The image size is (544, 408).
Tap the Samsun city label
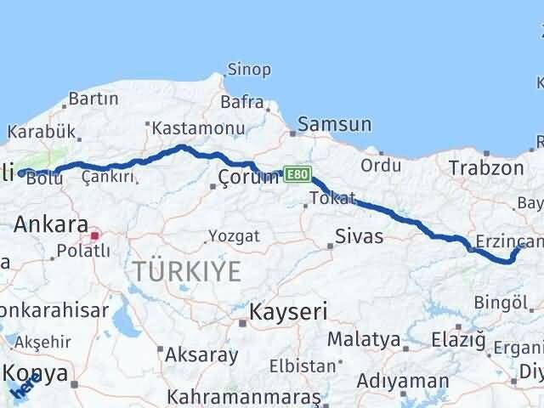(x=334, y=124)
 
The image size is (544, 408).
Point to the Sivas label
(x=359, y=235)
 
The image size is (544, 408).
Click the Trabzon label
(x=486, y=167)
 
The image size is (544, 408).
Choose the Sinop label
(x=249, y=71)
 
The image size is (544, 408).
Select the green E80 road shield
(x=295, y=173)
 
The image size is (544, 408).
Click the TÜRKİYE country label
(x=187, y=271)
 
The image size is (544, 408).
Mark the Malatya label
(x=364, y=339)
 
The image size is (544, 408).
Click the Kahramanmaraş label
(x=244, y=397)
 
